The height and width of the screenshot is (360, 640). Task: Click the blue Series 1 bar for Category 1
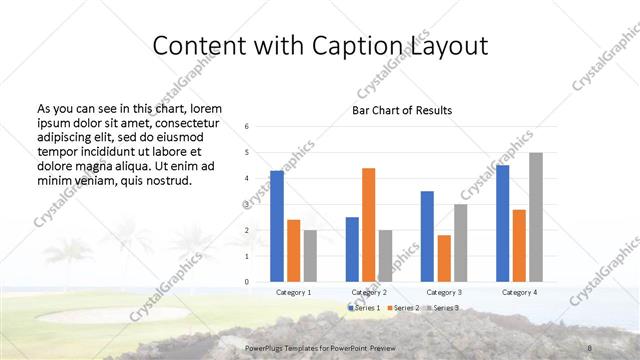coord(277,226)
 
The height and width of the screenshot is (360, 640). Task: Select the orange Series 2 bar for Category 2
coord(368,225)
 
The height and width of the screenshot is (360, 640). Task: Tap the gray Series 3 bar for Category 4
coord(536,217)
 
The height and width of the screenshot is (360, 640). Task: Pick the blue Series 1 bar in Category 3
coord(427,236)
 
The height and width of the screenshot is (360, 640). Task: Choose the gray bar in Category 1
coord(310,256)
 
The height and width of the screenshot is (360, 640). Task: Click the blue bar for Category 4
coord(502,223)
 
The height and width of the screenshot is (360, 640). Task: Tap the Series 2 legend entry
coord(404,307)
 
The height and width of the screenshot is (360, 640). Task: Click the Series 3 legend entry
coord(442,307)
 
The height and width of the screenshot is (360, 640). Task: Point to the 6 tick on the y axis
coord(247,127)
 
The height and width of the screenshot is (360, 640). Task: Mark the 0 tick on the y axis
coord(247,282)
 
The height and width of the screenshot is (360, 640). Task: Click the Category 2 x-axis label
coord(369,292)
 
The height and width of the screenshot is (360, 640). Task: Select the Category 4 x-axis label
coord(519,292)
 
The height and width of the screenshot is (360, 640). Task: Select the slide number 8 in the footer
coord(589,347)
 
